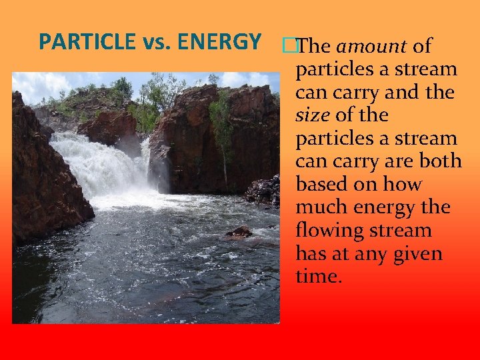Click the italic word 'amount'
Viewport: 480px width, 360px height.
[372, 47]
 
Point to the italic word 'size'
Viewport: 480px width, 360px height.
[312, 115]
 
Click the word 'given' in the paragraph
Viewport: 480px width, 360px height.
[417, 254]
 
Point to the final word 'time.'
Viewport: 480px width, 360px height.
[319, 277]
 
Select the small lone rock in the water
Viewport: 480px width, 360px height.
[239, 232]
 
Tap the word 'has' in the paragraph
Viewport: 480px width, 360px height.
[311, 253]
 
